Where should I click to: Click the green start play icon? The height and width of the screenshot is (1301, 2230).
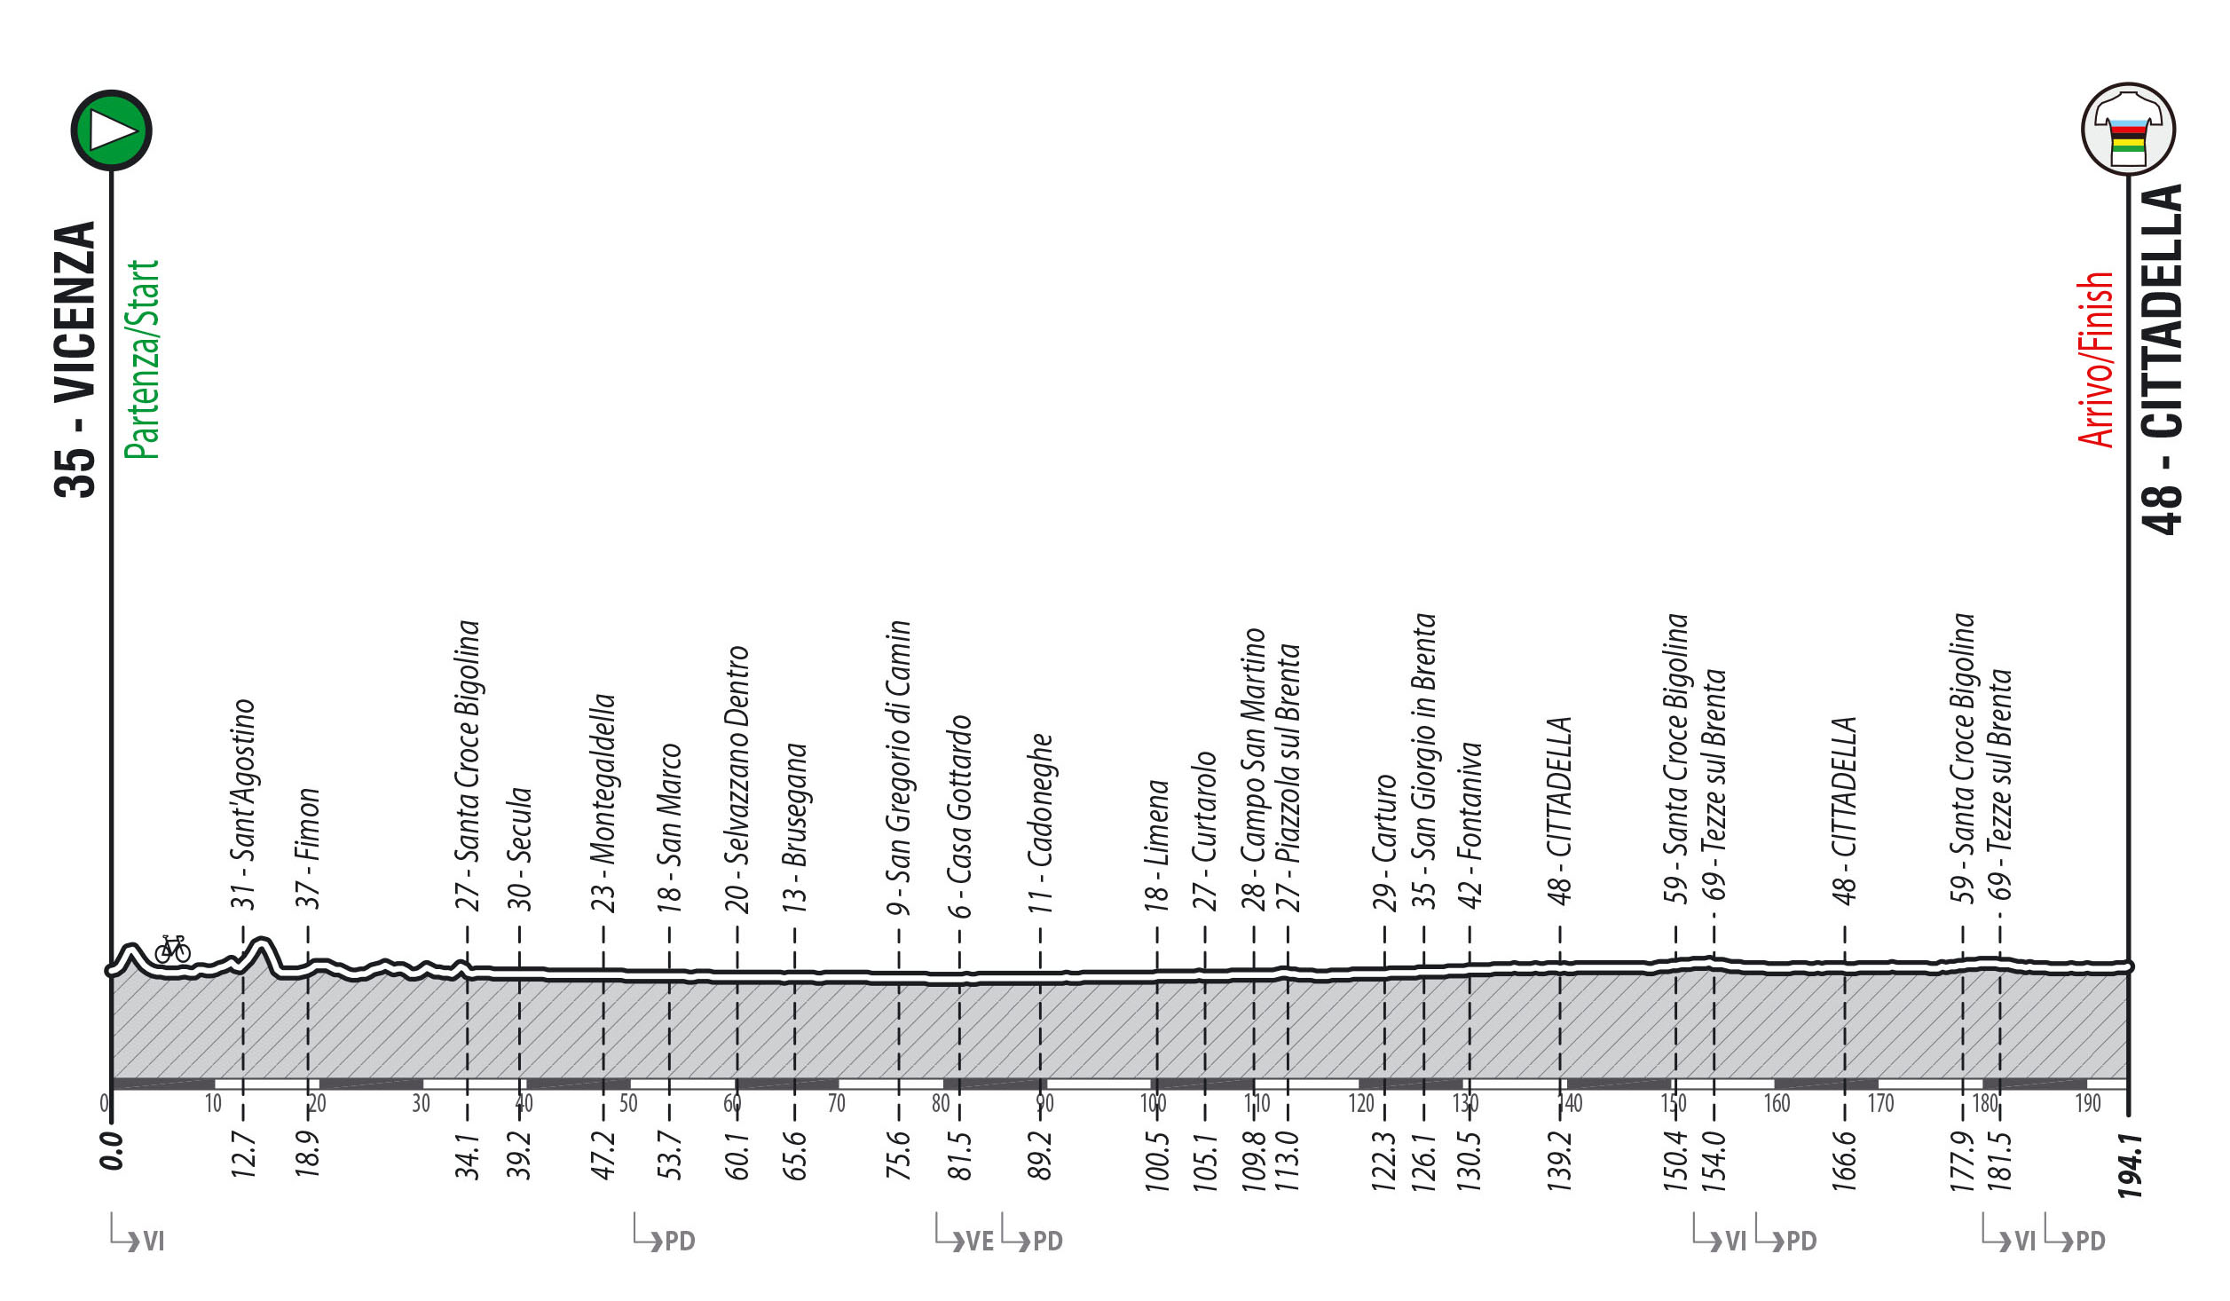[x=112, y=130]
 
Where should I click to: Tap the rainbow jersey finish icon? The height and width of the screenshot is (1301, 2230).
[x=2128, y=130]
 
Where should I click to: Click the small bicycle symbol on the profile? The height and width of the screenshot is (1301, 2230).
[x=172, y=950]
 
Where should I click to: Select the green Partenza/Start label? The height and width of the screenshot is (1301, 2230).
[x=142, y=359]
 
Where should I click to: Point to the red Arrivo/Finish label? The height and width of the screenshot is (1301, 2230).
[x=2096, y=359]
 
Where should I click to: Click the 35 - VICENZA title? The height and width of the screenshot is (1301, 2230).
[x=75, y=359]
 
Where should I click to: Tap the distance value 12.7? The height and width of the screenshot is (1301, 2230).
[x=243, y=1154]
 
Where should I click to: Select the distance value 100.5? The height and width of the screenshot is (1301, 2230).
[x=1156, y=1158]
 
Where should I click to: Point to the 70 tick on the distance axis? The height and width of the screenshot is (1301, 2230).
[x=836, y=1103]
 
